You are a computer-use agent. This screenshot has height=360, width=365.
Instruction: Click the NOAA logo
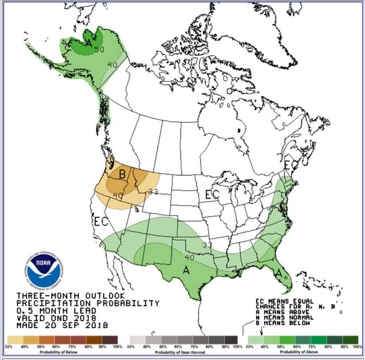43,271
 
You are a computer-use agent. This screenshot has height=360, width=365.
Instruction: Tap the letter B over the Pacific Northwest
122,174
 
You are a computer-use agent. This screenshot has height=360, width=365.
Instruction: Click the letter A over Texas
186,270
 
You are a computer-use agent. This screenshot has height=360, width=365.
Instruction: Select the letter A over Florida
278,273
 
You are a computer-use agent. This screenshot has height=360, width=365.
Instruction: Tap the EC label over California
101,222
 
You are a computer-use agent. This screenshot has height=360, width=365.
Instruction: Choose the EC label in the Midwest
212,194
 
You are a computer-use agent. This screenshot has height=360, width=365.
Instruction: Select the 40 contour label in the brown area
118,195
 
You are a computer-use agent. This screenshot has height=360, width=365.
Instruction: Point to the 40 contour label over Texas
190,257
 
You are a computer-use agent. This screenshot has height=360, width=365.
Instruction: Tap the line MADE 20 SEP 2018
62,325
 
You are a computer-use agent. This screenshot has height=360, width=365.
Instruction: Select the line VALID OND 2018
56,318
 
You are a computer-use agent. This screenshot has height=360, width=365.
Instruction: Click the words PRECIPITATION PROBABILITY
88,303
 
